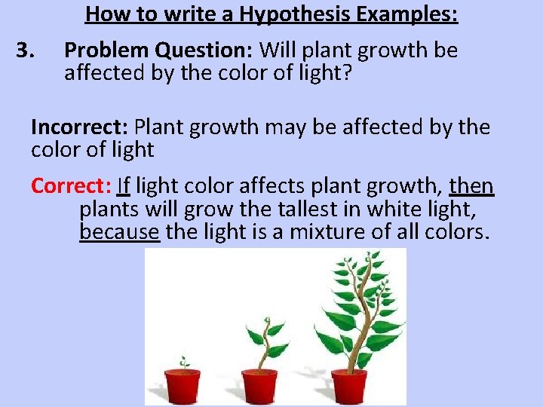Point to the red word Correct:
(x=72, y=185)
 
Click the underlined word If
(x=124, y=185)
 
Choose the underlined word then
(x=471, y=185)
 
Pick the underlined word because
(x=119, y=231)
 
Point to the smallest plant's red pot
(x=183, y=384)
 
